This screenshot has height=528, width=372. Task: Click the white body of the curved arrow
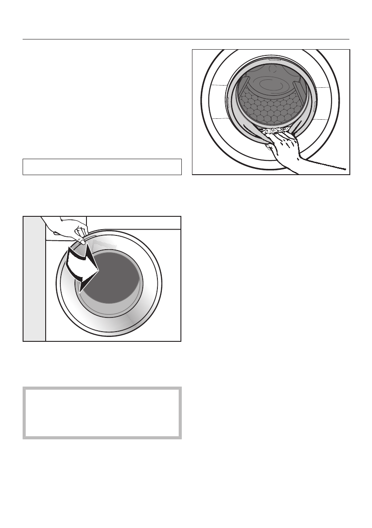pyautogui.click(x=75, y=264)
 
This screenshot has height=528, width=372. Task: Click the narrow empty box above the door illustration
pyautogui.click(x=102, y=167)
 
